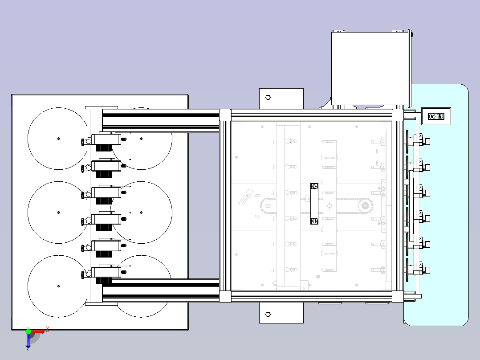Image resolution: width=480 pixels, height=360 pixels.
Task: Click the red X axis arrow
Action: [37, 331]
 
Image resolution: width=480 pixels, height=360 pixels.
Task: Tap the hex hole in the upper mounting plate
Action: [268, 98]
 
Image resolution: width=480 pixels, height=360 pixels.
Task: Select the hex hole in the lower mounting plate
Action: [268, 315]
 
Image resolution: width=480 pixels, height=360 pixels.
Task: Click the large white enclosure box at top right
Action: [370, 69]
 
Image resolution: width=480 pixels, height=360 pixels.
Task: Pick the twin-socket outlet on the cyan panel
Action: [436, 116]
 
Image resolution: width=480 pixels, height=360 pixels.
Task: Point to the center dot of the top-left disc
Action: [58, 139]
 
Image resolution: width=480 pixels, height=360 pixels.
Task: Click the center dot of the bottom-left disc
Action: [58, 286]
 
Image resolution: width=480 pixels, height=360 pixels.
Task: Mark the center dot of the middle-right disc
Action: [141, 213]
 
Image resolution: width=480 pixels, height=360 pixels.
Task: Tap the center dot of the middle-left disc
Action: [58, 213]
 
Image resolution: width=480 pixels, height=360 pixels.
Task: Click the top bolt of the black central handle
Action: [314, 186]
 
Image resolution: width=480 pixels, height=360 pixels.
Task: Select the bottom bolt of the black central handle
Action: [314, 221]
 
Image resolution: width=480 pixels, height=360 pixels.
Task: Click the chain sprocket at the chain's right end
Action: [365, 205]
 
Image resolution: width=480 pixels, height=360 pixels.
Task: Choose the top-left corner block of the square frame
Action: [225, 115]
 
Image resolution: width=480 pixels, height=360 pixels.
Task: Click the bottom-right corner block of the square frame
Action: [398, 296]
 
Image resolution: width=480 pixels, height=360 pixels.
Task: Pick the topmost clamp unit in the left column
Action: [102, 142]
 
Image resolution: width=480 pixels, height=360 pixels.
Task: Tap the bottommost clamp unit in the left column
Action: [102, 274]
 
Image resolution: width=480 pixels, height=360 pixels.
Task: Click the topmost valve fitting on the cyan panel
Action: [421, 140]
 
